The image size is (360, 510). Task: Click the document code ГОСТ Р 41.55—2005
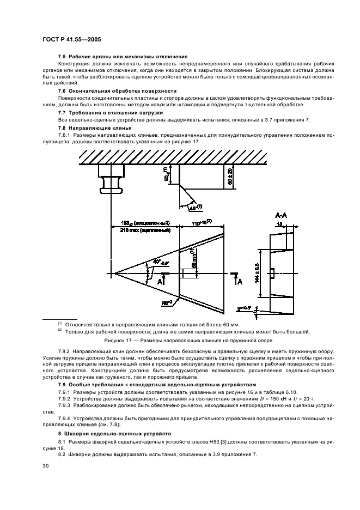69,39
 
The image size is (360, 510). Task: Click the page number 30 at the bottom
46,465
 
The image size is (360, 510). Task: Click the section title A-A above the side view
282,215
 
